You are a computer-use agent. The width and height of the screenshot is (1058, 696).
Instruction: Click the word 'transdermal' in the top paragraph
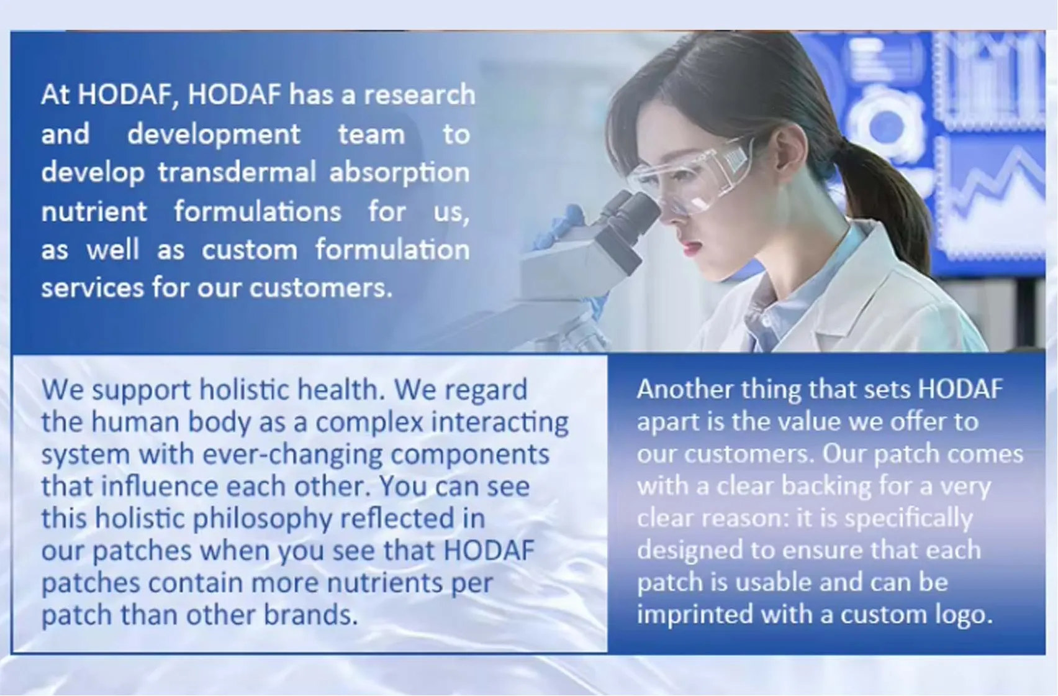[x=237, y=172]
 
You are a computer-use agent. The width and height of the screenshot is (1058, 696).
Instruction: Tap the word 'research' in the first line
[x=420, y=94]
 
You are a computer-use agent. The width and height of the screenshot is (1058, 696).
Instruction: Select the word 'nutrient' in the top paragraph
[x=94, y=211]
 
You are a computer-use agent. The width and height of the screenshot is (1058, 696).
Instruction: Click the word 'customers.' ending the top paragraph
[x=321, y=288]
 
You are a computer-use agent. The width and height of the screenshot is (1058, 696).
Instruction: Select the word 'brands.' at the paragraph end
[x=310, y=614]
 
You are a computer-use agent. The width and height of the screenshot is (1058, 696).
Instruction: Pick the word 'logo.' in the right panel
[x=964, y=615]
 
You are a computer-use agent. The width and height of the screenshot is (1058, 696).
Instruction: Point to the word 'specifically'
[x=909, y=519]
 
